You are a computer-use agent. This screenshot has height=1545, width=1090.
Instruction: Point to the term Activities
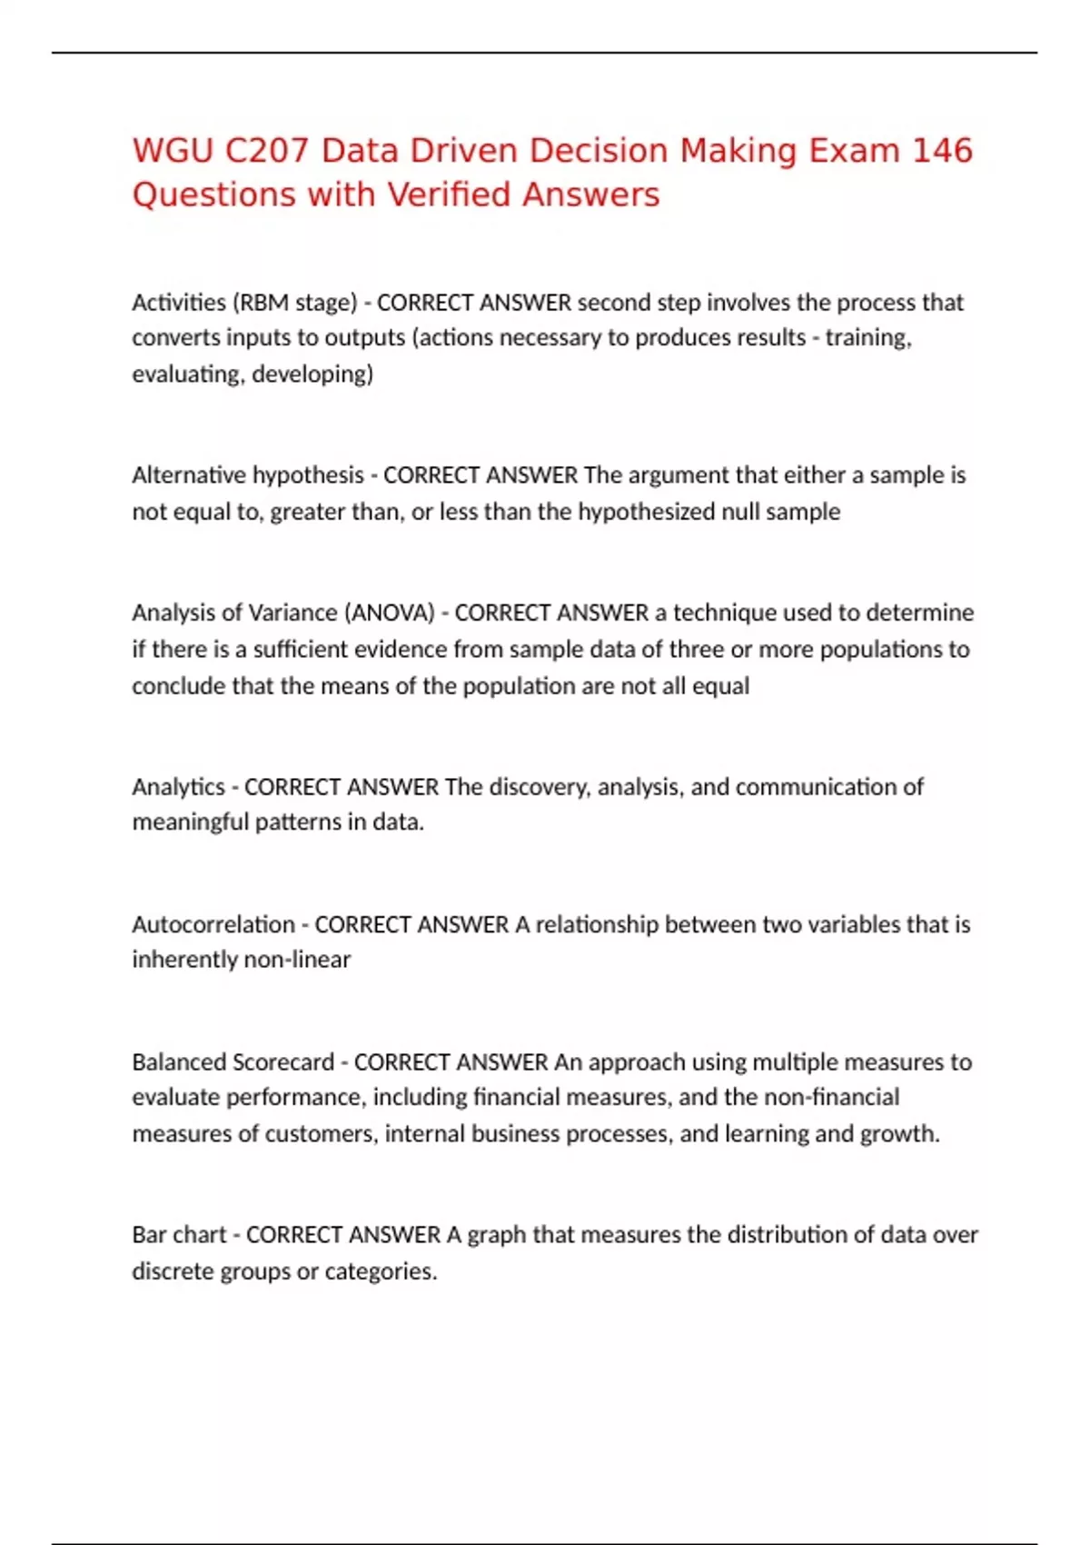pos(179,302)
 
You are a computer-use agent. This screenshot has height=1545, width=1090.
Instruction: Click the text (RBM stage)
pos(295,302)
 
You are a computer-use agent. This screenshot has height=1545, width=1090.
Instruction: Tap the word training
pos(868,337)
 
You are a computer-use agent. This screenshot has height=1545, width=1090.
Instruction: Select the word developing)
pos(312,374)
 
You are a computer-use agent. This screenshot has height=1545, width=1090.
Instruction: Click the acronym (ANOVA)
pos(391,613)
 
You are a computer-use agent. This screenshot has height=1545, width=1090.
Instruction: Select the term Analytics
pos(178,786)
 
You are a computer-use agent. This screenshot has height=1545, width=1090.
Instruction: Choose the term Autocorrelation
pos(213,924)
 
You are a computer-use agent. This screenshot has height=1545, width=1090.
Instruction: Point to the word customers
pos(321,1133)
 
